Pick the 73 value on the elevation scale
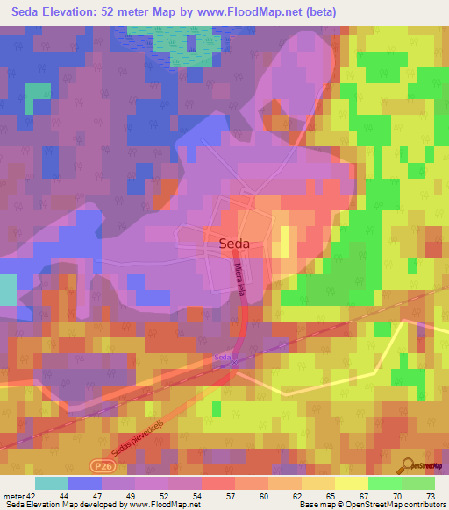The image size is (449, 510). click(x=429, y=496)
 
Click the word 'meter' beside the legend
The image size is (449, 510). click(x=12, y=496)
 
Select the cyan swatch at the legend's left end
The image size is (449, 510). click(x=52, y=483)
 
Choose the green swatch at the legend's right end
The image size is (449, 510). click(x=418, y=483)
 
